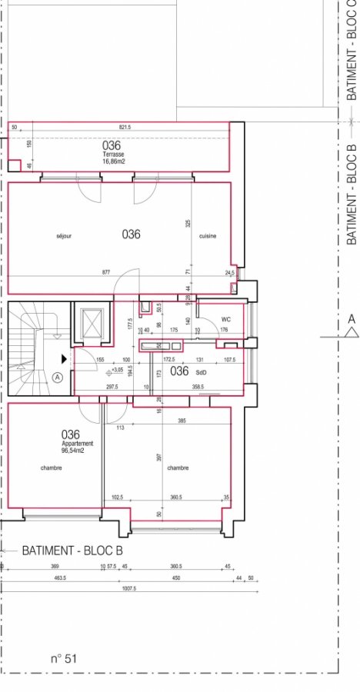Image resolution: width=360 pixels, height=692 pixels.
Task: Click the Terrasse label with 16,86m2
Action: pos(115,157)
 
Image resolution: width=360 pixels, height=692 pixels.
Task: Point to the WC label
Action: pos(226,318)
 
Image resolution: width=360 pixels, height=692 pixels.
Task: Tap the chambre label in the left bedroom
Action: pos(52,467)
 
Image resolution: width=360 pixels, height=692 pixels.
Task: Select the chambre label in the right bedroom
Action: pos(178,467)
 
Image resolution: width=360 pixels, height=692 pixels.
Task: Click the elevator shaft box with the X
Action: pos(93,324)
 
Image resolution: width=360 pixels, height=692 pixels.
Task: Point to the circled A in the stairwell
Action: pos(58,378)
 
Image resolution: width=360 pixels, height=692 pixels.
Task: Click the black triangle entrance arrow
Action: pos(65,358)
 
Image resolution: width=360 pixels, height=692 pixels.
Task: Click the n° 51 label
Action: pos(64,658)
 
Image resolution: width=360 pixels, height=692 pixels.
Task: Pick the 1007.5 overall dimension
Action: pos(128,589)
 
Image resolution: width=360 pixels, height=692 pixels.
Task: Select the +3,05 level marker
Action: pos(118,370)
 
